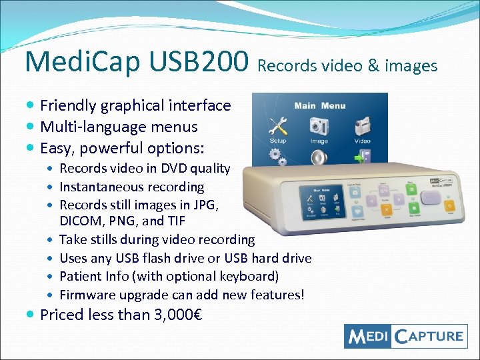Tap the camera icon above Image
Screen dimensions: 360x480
319,125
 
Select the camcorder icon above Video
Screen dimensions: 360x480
362,125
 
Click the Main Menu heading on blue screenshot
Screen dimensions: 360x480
320,105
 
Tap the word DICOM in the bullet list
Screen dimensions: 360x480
80,221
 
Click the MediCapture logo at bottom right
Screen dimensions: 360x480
405,335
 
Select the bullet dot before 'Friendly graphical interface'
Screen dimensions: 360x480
31,105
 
